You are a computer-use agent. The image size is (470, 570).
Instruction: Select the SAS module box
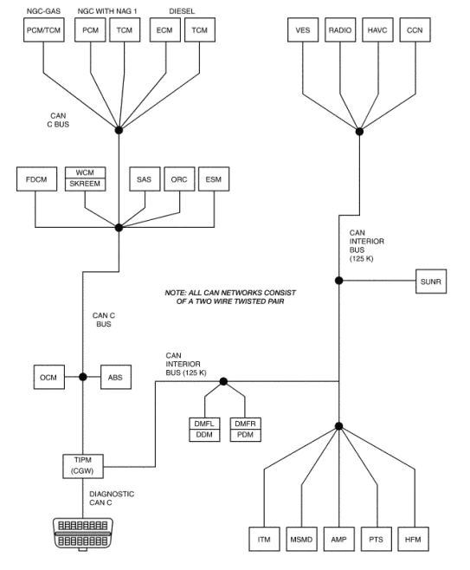[144, 180]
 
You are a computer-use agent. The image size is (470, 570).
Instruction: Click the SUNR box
[432, 281]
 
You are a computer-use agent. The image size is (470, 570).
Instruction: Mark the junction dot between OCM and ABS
[83, 377]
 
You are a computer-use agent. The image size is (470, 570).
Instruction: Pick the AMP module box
[339, 539]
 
